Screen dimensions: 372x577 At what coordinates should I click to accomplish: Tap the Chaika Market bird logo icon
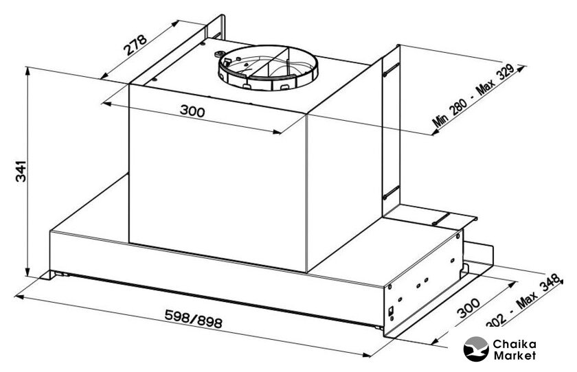475,349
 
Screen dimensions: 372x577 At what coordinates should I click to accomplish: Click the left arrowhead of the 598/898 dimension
19,298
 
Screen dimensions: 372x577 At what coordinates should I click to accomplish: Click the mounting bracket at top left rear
214,30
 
